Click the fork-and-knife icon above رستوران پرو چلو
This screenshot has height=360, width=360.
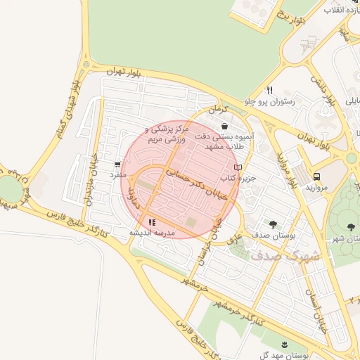pyautogui.click(x=269, y=91)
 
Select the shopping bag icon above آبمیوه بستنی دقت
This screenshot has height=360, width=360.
pyautogui.click(x=224, y=127)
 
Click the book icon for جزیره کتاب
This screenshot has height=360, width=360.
pyautogui.click(x=237, y=167)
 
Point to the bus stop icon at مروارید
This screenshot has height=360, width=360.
pyautogui.click(x=316, y=176)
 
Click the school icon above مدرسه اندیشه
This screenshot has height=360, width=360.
pyautogui.click(x=152, y=223)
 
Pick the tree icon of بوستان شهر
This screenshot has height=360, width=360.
pyautogui.click(x=351, y=227)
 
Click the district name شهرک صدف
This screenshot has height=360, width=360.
pyautogui.click(x=285, y=255)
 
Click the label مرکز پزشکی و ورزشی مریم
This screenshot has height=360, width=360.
pyautogui.click(x=167, y=134)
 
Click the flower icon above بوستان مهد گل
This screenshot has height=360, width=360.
pyautogui.click(x=284, y=345)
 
